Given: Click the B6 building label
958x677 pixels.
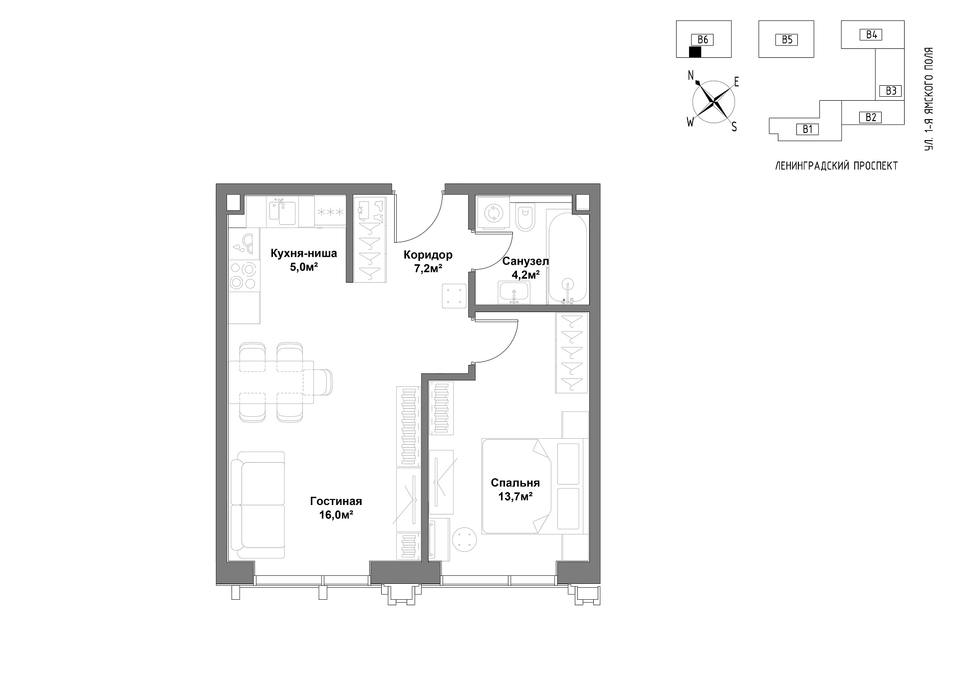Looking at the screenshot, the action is coord(703,40).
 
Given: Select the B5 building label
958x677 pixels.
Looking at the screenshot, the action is coord(787,40).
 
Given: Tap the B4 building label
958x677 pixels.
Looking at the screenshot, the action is coord(872,35).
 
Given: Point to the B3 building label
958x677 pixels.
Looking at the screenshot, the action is coord(891,91).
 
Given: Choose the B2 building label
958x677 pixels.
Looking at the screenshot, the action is coord(871,118).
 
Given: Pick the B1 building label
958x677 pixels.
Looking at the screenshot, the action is coord(807,130).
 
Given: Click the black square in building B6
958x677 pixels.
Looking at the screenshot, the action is coord(695,52).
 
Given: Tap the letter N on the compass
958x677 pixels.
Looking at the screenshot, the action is coord(691,75).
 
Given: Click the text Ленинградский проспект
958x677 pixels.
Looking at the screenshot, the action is coord(837,166).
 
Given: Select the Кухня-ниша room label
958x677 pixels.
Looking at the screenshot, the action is coord(303,254).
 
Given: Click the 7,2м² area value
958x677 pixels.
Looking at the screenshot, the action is coord(428,269).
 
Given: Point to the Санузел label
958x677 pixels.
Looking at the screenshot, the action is coord(525,261).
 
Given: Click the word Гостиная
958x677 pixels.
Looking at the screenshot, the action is coord(336,502).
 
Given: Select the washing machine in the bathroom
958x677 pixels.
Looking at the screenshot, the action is coord(493,213).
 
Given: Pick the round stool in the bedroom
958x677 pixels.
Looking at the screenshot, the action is coord(465,540).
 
